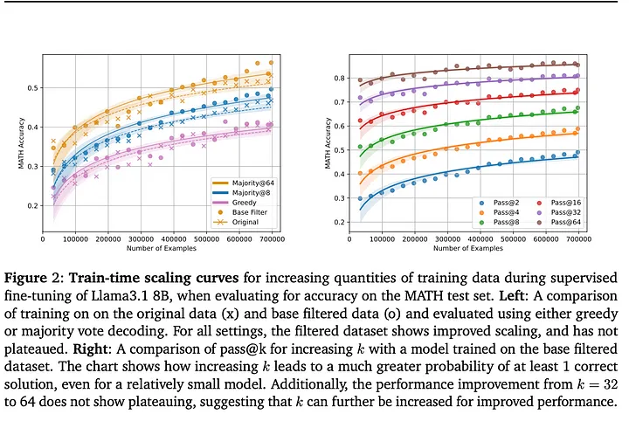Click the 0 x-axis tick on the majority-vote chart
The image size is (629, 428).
(x=44, y=237)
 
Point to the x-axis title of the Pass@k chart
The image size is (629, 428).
(x=478, y=245)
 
